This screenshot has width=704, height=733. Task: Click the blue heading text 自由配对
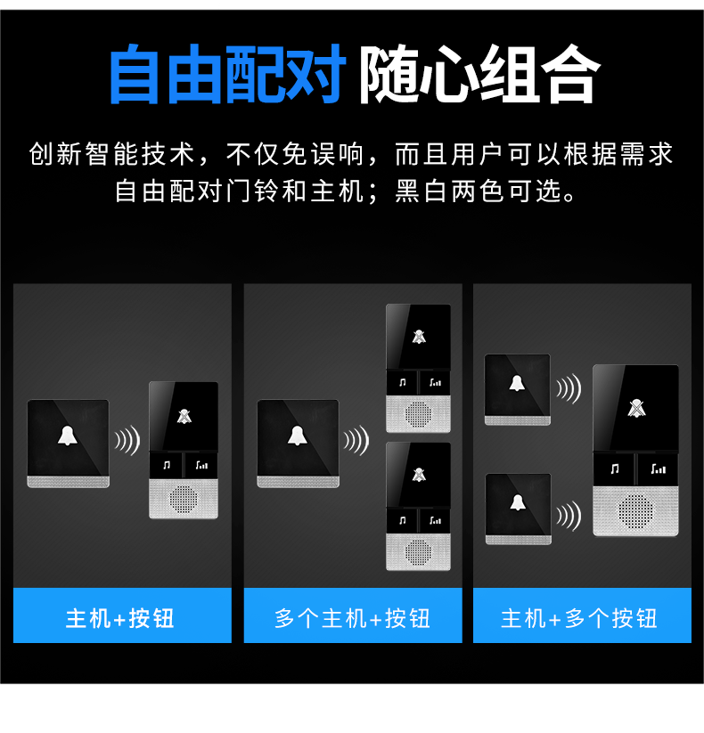pos(228,73)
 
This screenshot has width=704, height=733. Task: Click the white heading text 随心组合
pos(480,73)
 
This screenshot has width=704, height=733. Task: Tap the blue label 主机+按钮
pos(120,618)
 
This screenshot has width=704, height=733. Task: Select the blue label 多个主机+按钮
pos(352,618)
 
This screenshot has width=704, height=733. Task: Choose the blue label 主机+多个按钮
pos(579,618)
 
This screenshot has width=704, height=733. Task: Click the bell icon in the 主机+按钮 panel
pos(68,436)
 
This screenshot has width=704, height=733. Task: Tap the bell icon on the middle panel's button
pos(298,436)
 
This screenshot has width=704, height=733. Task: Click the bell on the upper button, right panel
pos(517,383)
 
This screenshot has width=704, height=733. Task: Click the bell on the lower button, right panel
pos(518,502)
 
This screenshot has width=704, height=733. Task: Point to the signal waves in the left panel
pos(127,440)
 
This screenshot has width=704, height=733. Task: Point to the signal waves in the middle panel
pos(356,440)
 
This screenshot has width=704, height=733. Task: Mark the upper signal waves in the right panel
pos(569,388)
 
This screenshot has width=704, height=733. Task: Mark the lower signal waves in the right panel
pos(569,516)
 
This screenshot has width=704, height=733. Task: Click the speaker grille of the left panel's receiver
pos(184,499)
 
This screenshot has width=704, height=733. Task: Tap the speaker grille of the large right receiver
pos(635,511)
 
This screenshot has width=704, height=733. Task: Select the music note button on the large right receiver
pos(615,468)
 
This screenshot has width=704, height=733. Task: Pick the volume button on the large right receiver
pos(659,468)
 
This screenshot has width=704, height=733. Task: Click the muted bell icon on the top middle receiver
pos(419,337)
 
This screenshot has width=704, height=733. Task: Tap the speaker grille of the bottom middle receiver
pos(418,551)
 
